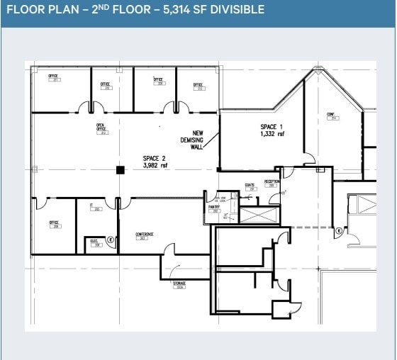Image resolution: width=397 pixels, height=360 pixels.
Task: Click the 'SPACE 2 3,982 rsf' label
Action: (x=155, y=162)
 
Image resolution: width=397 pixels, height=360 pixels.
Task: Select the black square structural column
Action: (x=120, y=169)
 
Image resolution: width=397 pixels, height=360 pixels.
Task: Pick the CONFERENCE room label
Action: (x=145, y=236)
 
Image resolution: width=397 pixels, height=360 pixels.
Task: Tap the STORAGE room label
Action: (x=179, y=285)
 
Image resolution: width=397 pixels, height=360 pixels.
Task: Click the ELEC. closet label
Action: (x=95, y=242)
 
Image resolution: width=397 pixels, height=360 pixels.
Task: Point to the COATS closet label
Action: (x=250, y=187)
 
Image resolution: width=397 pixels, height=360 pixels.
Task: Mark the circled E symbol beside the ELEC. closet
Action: (x=111, y=240)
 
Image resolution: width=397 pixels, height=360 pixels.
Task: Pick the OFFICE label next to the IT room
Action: (x=54, y=225)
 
